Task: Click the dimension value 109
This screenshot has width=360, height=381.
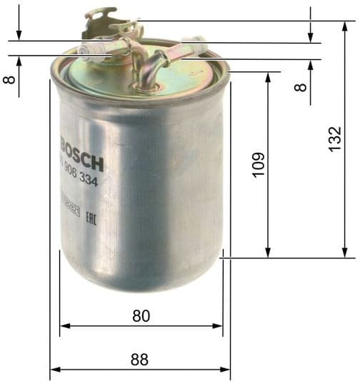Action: click(259, 164)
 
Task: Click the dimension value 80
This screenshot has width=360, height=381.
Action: click(141, 315)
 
